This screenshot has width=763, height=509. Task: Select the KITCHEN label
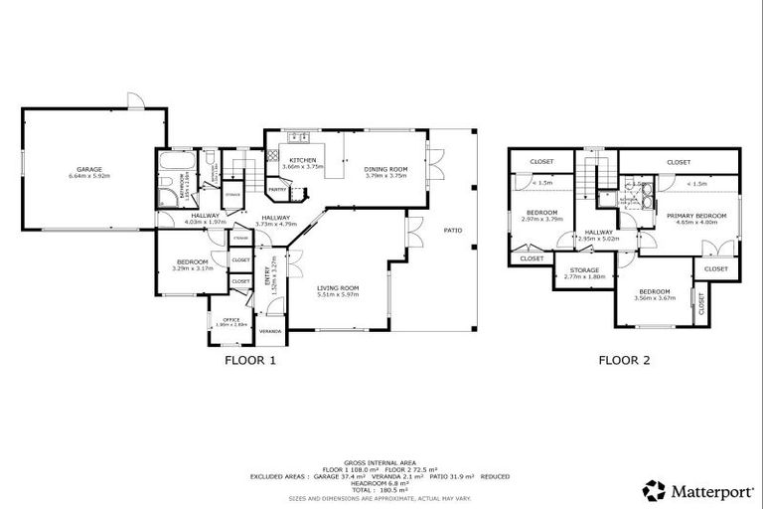coord(303,160)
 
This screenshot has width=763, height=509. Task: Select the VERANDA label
coord(270,331)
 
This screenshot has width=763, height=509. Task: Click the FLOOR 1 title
coord(250,361)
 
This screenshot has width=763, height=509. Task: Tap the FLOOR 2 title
coord(623,361)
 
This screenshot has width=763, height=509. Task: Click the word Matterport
coord(708,489)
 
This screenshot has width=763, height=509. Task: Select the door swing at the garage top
coord(136,101)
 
